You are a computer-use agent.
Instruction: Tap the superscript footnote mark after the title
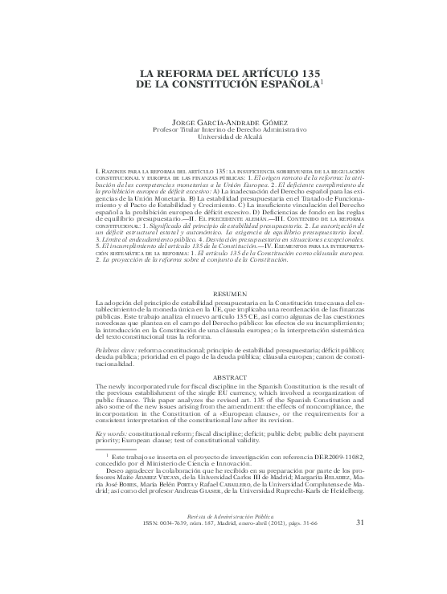322,79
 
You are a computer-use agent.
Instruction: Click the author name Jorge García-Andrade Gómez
223,121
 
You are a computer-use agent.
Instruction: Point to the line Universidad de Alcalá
223,137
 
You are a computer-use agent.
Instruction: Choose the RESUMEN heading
223,295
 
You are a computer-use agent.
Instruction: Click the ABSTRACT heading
223,376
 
